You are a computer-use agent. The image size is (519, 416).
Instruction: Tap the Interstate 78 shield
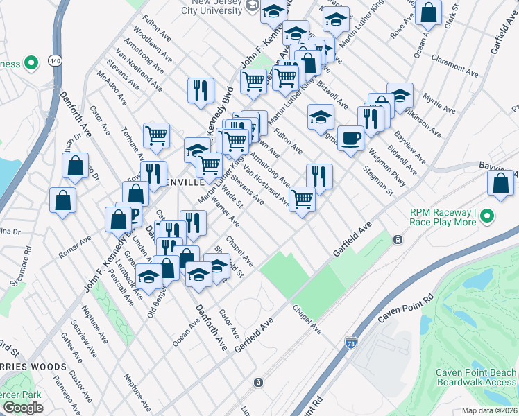click(351, 343)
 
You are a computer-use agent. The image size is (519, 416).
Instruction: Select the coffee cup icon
click(350, 137)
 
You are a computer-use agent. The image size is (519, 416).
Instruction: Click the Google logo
click(23, 407)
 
